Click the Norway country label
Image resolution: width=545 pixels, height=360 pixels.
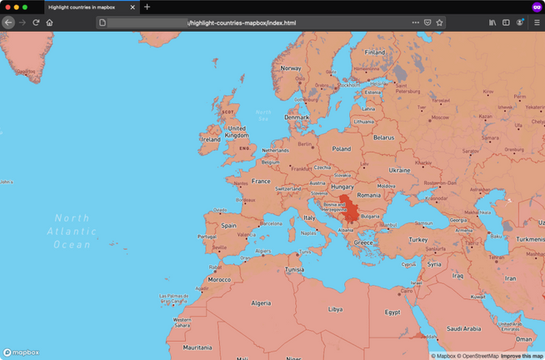click(x=291, y=68)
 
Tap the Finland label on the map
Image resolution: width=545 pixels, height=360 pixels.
click(x=375, y=52)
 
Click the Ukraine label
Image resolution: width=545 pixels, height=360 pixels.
click(x=400, y=170)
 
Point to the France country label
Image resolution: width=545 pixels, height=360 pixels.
click(x=262, y=181)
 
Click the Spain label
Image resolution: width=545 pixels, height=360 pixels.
click(x=229, y=225)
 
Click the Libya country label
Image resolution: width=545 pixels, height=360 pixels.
click(x=335, y=309)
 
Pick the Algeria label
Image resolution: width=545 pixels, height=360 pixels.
click(x=262, y=303)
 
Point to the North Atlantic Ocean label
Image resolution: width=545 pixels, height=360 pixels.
click(x=72, y=231)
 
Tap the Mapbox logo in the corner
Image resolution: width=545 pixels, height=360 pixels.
click(x=22, y=352)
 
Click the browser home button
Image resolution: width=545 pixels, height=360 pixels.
click(x=49, y=22)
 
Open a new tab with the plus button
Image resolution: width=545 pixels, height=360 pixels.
click(x=147, y=7)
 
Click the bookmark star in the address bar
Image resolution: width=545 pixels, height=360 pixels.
click(x=439, y=22)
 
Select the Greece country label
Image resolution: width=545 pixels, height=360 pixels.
click(x=364, y=242)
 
